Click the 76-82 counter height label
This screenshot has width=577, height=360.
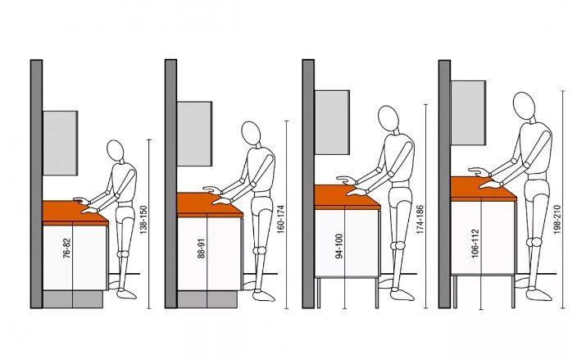pyautogui.click(x=66, y=248)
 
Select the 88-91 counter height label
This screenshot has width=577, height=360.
pyautogui.click(x=202, y=248)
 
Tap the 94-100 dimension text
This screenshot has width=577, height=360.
pyautogui.click(x=339, y=245)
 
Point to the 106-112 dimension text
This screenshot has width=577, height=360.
pyautogui.click(x=475, y=243)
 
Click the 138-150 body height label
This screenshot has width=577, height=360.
pyautogui.click(x=143, y=220)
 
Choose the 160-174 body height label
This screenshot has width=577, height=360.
pyautogui.click(x=280, y=219)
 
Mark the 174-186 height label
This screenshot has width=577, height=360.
pyautogui.click(x=420, y=219)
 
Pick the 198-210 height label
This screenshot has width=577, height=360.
pyautogui.click(x=557, y=220)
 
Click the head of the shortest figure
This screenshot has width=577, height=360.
pyautogui.click(x=116, y=149)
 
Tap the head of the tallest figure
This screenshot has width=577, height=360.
pyautogui.click(x=524, y=104)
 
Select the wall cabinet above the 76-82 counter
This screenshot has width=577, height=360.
pyautogui.click(x=61, y=143)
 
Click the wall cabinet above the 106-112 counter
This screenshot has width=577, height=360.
pyautogui.click(x=469, y=112)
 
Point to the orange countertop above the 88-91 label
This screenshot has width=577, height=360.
pyautogui.click(x=210, y=205)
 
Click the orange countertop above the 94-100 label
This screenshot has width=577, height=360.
pyautogui.click(x=348, y=198)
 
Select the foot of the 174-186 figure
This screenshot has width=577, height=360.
pyautogui.click(x=402, y=294)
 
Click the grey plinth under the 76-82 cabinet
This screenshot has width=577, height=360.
pyautogui.click(x=73, y=299)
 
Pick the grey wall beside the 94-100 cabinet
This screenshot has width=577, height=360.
pyautogui.click(x=308, y=184)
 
